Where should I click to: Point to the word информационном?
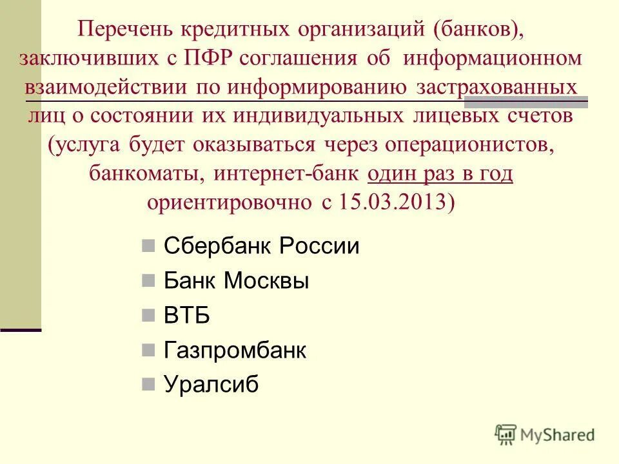[x=494, y=59]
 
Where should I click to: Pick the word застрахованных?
[x=492, y=88]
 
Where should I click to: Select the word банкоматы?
[x=148, y=174]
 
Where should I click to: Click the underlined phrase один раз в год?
[x=440, y=174]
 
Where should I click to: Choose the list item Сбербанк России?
[x=261, y=247]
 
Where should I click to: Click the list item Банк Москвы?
[x=236, y=282]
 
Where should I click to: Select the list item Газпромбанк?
[x=235, y=351]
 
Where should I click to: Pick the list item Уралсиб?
[x=211, y=385]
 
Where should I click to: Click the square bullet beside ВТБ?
[x=148, y=316]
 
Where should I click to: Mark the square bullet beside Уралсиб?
[x=148, y=385]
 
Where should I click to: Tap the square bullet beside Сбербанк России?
[x=148, y=246]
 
